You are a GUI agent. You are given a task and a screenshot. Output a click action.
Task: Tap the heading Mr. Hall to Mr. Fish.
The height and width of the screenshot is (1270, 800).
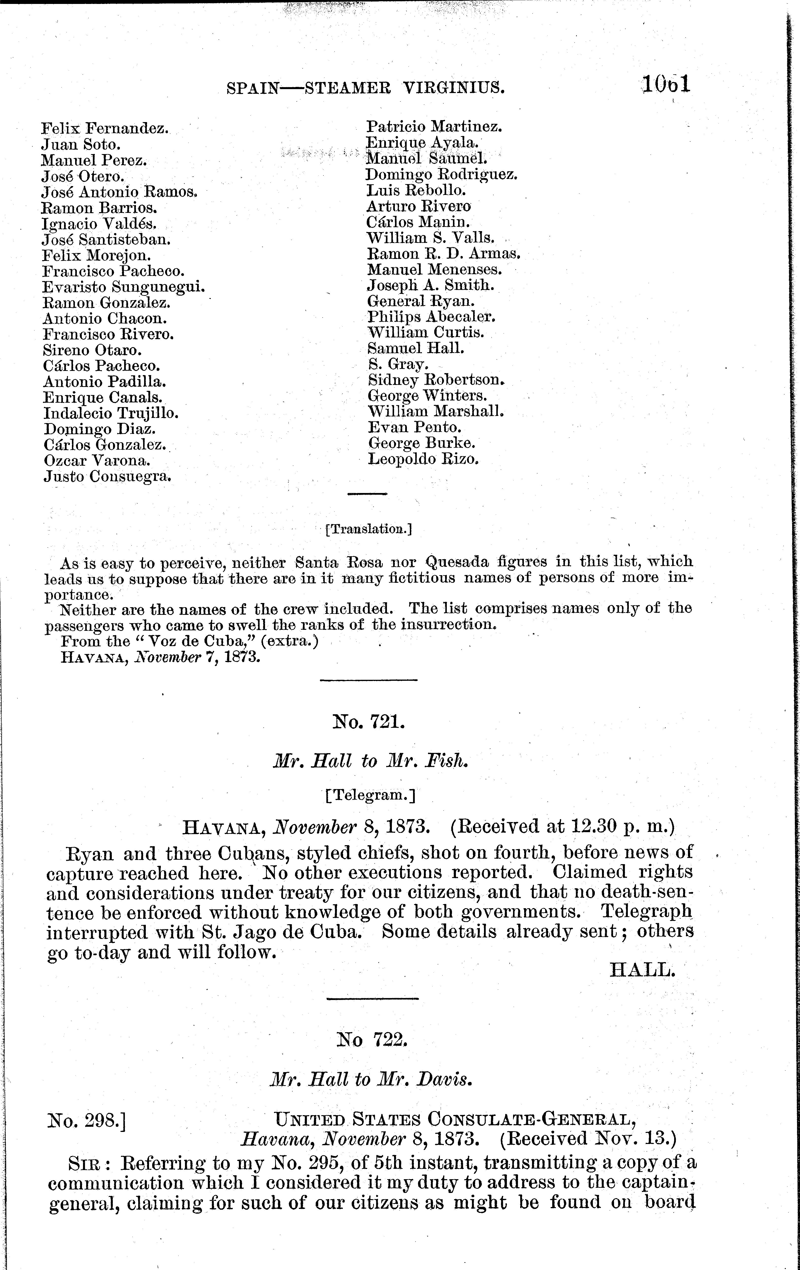point(369,761)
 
